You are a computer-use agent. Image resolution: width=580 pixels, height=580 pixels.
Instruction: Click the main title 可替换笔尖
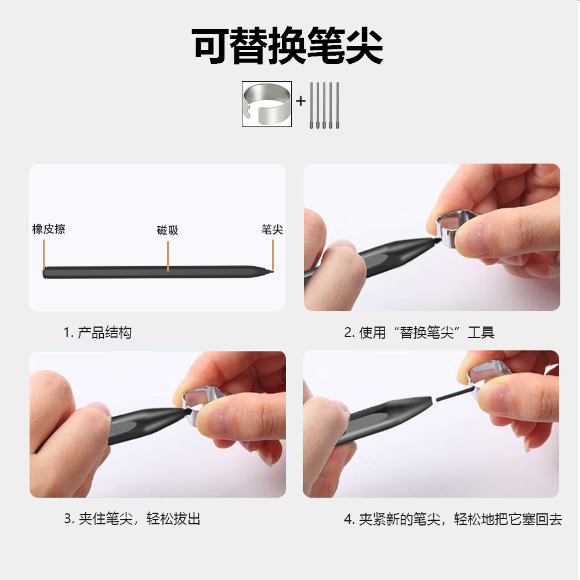[288, 46]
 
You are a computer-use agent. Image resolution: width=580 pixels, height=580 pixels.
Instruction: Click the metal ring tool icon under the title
[267, 104]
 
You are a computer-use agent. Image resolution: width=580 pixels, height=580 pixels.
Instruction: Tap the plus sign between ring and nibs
[300, 100]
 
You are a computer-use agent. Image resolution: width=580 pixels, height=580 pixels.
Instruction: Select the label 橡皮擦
[49, 229]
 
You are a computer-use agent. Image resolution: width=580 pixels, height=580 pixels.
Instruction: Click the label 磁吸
[168, 230]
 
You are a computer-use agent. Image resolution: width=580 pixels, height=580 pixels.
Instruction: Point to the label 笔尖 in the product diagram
[272, 229]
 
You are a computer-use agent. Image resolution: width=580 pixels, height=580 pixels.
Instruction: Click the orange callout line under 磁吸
[168, 256]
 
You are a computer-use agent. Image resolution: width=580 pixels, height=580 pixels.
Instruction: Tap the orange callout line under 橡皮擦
[43, 254]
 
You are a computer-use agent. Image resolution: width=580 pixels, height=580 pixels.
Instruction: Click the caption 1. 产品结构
[97, 332]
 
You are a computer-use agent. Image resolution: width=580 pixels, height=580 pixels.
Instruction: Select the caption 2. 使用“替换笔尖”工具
[419, 332]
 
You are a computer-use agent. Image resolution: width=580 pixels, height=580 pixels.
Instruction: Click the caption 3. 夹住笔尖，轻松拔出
[132, 519]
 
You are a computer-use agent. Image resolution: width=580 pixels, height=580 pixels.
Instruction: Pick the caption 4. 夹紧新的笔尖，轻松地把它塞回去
[453, 519]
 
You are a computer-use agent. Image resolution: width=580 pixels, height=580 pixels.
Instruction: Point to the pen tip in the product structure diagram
[271, 271]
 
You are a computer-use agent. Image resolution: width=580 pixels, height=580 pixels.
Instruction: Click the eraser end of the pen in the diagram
[45, 273]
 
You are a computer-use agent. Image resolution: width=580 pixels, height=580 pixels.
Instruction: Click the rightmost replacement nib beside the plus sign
[338, 106]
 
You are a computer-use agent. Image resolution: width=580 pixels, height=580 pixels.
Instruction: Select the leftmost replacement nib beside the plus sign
[311, 106]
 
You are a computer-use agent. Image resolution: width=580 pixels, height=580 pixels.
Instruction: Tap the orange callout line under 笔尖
[273, 255]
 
